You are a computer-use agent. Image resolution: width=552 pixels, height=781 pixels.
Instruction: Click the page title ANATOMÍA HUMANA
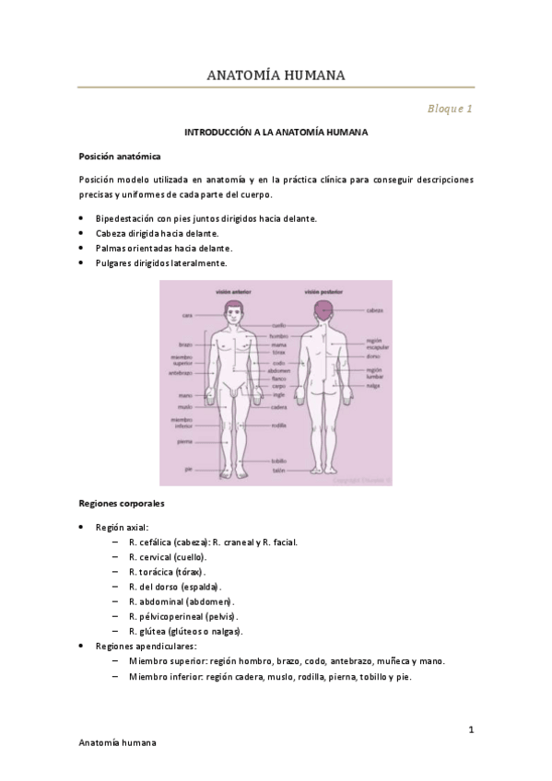tap(276, 75)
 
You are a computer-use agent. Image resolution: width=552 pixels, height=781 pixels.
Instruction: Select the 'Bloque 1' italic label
tap(450, 109)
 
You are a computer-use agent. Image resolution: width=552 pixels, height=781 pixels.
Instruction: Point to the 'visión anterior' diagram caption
tap(233, 290)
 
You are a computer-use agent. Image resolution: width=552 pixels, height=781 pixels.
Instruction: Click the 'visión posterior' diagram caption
tap(323, 290)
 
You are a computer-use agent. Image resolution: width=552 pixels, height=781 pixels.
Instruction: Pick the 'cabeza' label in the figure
tap(374, 310)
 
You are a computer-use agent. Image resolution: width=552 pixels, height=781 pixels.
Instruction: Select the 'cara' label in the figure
tap(187, 315)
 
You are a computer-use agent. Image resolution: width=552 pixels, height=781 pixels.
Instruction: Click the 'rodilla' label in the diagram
tap(279, 425)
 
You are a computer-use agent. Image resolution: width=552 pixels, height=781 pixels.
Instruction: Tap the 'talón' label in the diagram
tap(277, 470)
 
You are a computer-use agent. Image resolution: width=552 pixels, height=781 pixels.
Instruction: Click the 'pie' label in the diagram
tap(188, 469)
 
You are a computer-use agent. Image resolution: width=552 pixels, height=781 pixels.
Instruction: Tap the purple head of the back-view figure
tap(323, 308)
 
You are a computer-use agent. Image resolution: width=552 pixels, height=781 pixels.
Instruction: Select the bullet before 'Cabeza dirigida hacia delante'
tap(84, 233)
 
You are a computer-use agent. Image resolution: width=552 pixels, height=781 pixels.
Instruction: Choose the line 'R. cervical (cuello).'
tap(168, 557)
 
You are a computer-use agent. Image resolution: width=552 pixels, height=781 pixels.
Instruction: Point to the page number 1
tap(470, 730)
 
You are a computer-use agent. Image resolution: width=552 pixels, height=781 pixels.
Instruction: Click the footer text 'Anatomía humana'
tap(118, 741)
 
